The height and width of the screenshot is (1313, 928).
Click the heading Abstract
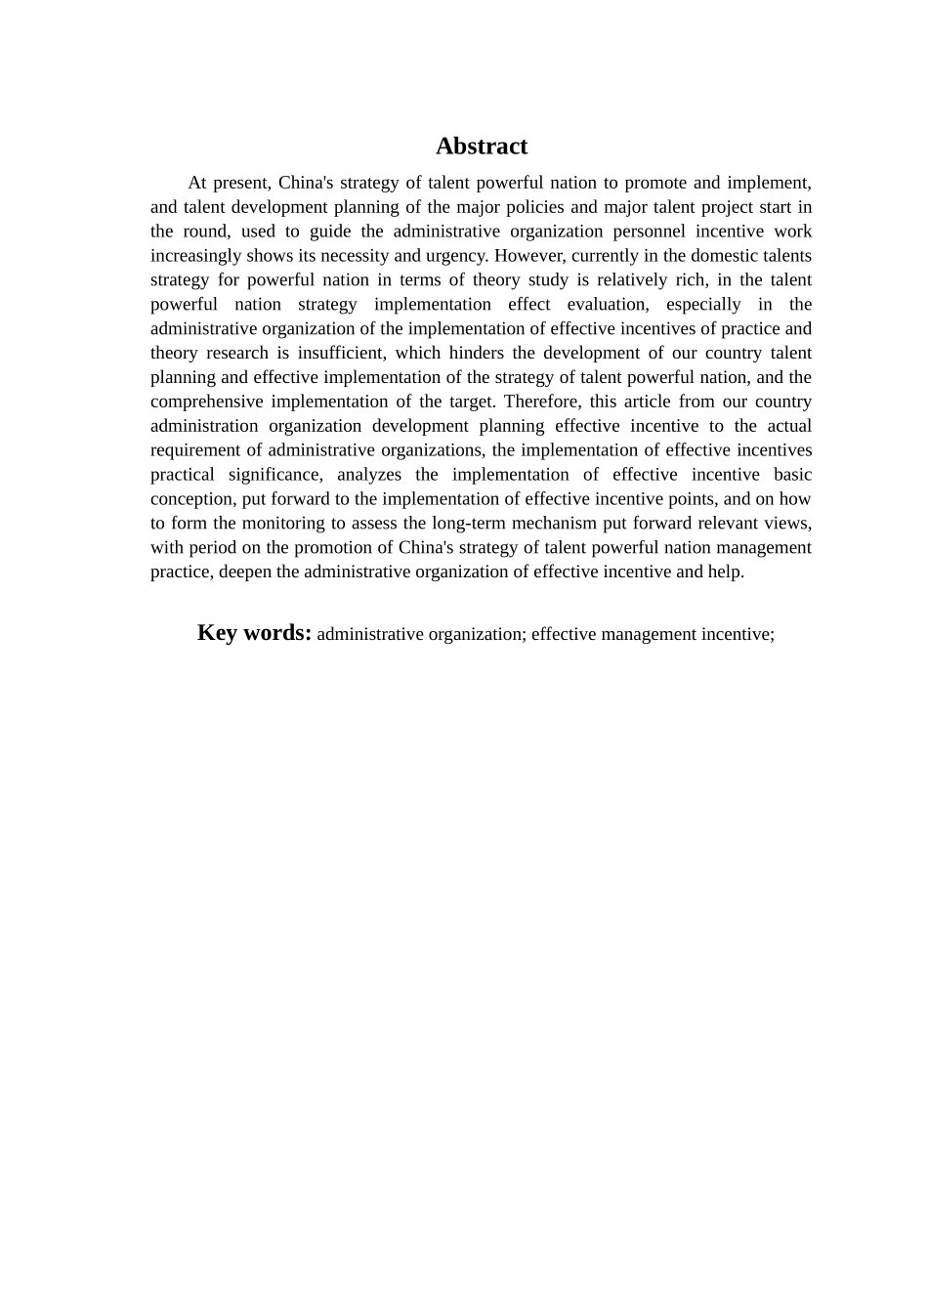pos(481,147)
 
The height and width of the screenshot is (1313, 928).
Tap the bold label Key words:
pos(254,633)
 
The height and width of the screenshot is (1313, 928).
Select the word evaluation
pos(607,305)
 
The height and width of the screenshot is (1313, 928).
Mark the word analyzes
pos(369,475)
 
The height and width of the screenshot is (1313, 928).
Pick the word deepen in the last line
pos(245,572)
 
